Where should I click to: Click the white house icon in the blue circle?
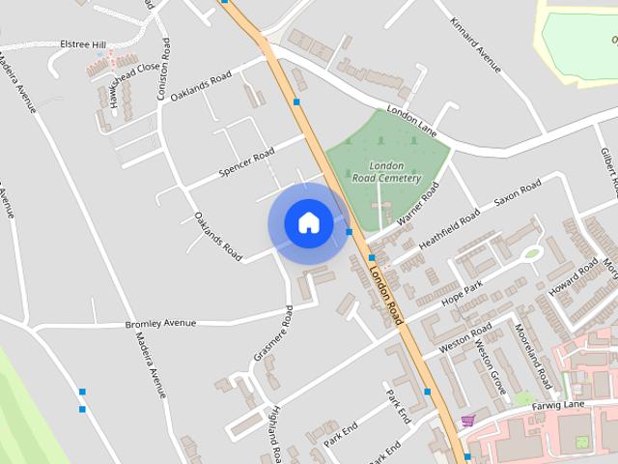308,223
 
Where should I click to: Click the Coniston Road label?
165,61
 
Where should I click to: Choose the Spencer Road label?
247,161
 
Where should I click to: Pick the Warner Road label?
417,203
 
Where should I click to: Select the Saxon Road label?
518,194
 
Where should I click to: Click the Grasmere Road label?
273,334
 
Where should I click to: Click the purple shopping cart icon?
468,420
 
